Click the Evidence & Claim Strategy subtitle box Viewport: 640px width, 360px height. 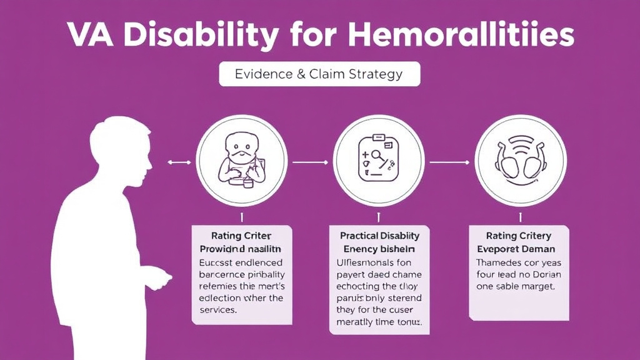click(319, 74)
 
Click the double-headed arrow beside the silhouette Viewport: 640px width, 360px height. click(179, 162)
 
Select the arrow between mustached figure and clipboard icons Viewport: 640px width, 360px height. click(309, 162)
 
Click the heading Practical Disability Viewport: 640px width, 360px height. click(379, 236)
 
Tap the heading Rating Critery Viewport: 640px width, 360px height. click(518, 236)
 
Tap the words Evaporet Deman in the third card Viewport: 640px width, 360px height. click(518, 249)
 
